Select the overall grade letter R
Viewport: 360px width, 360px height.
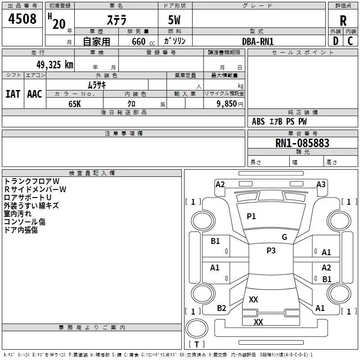coord(343,20)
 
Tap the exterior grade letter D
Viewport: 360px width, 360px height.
coord(335,40)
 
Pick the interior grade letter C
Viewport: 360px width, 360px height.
coord(350,40)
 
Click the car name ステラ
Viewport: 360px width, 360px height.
coord(116,20)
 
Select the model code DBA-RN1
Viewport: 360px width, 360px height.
coord(258,41)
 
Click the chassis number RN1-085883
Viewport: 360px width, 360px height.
coord(302,143)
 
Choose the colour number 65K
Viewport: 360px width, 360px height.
coord(74,103)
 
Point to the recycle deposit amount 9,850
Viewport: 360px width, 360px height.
coord(226,103)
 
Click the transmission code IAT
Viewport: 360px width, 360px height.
coord(13,94)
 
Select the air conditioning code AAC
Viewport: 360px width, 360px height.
coord(35,94)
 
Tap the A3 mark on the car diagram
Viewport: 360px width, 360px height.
coord(321,184)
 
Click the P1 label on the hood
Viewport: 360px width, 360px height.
coord(251,216)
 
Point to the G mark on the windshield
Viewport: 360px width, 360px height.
coord(284,237)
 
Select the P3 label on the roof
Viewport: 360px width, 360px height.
coord(271,251)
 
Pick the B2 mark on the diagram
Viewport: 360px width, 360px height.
coord(221,308)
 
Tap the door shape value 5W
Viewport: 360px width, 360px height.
coord(175,20)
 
